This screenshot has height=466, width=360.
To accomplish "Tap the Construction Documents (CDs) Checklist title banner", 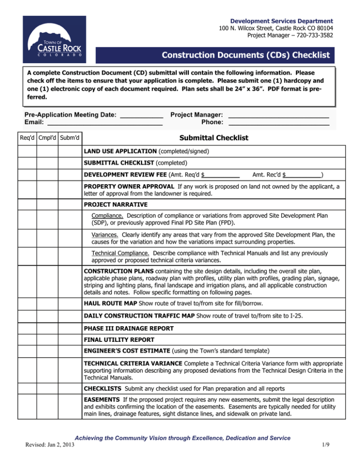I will point(215,55).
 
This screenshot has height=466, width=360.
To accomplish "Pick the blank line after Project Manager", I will point(278,115).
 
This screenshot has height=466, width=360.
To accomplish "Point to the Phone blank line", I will point(278,124).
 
